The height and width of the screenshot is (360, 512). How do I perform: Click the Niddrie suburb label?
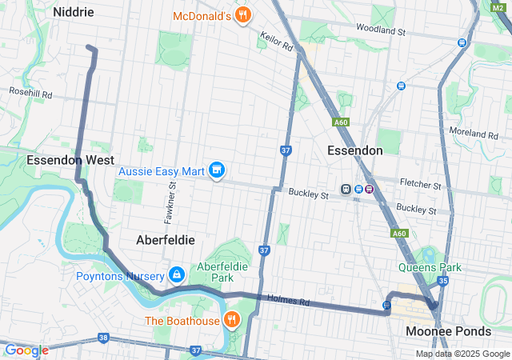click(73, 12)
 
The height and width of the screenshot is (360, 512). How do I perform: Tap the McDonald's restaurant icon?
click(243, 15)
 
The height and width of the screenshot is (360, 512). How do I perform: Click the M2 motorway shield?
click(497, 6)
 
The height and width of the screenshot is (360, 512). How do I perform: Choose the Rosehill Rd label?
click(30, 94)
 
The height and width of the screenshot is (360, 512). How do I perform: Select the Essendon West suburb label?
click(70, 160)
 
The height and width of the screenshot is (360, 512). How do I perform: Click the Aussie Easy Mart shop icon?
click(216, 170)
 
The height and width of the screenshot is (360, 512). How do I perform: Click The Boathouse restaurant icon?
click(232, 321)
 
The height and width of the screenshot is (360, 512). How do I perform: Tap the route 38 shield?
click(103, 338)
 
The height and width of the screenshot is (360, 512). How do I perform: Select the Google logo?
click(26, 350)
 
